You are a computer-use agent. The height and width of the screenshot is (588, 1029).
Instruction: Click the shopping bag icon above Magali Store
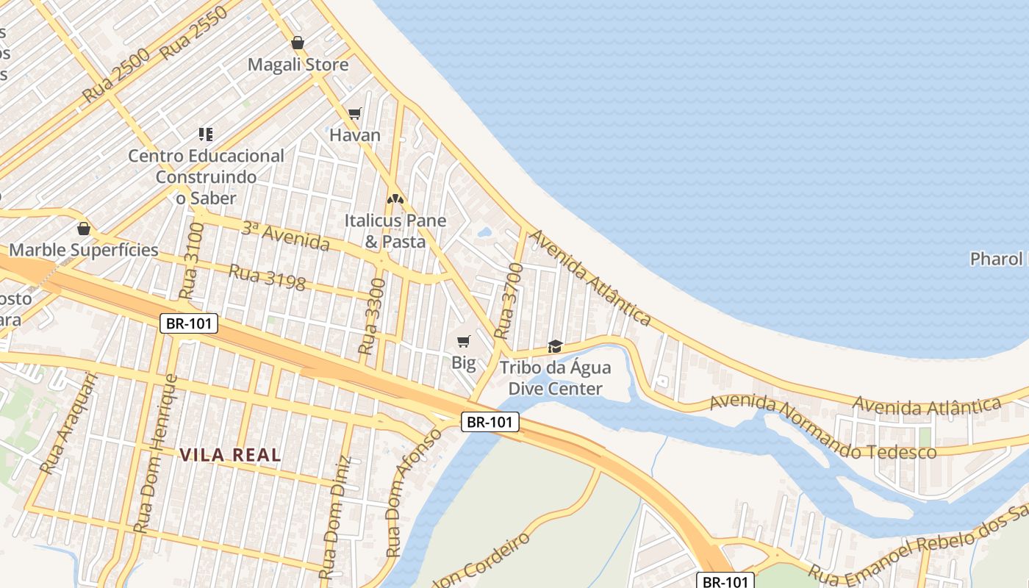297,43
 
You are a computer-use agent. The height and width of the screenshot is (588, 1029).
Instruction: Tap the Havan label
355,135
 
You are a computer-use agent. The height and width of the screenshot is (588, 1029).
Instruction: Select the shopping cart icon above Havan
355,113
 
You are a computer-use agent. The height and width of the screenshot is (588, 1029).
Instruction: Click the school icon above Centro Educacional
206,134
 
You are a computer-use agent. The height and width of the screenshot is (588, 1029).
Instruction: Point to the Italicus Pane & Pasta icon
395,198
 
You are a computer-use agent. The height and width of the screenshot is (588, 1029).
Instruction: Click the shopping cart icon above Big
463,341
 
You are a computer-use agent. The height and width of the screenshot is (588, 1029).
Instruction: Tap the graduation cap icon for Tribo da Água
555,346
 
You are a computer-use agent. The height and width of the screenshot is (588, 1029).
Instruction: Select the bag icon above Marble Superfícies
84,229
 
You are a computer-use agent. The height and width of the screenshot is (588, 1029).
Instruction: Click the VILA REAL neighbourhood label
231,455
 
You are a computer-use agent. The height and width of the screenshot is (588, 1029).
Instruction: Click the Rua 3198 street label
267,277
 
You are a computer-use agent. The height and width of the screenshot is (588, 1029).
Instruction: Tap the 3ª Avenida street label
285,234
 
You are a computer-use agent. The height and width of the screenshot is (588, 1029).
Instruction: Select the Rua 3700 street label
509,301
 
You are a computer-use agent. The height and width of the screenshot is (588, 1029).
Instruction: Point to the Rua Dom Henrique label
155,453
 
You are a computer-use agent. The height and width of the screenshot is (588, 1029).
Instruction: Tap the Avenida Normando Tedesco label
823,426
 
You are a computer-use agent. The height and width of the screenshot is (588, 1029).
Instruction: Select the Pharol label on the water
997,259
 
